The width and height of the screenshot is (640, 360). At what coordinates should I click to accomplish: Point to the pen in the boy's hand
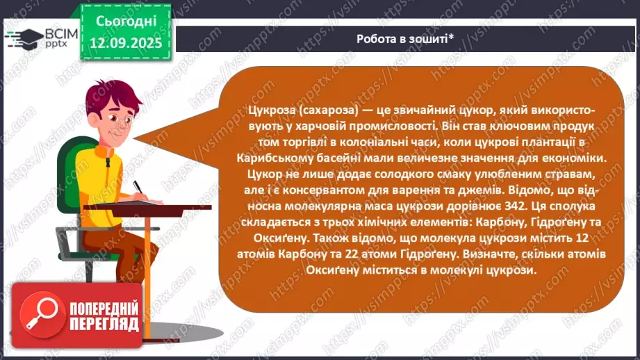coord(138,189)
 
